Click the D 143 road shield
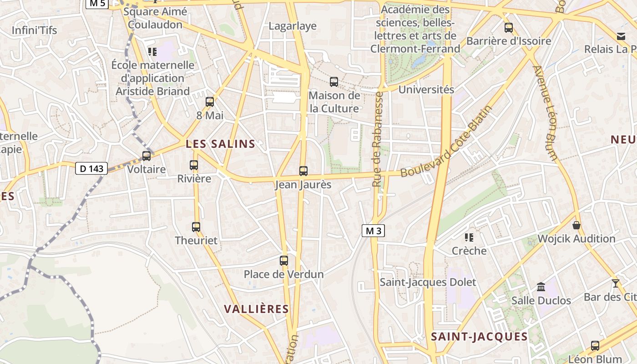(x=91, y=169)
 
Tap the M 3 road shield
(x=374, y=231)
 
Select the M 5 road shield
(x=97, y=4)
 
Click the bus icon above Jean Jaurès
(x=303, y=171)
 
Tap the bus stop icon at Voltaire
(x=147, y=156)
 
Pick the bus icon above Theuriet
(x=196, y=227)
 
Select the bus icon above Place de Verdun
(x=284, y=260)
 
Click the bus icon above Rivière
(x=194, y=165)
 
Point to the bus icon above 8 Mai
(x=210, y=102)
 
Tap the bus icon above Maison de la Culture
(x=334, y=82)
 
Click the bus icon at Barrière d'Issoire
(x=509, y=28)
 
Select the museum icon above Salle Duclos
(x=541, y=287)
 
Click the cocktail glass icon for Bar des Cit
(x=616, y=283)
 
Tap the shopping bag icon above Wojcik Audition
(x=576, y=225)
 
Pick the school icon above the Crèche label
(x=469, y=237)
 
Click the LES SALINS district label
(x=221, y=144)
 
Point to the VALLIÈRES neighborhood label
(x=257, y=309)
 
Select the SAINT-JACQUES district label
(x=479, y=337)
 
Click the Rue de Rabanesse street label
(x=377, y=139)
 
